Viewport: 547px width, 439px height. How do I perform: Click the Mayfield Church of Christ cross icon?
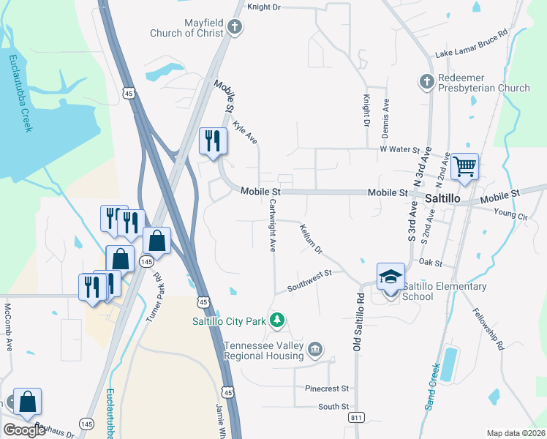coord(235,27)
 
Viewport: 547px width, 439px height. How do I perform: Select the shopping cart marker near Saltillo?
coord(464,168)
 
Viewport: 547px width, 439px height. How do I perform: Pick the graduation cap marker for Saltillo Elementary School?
coord(391,277)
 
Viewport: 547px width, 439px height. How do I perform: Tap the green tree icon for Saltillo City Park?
coord(277,320)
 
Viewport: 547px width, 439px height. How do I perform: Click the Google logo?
coord(24,429)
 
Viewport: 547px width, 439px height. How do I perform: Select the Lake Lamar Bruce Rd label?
coord(472,44)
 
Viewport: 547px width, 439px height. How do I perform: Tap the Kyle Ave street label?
coord(245,132)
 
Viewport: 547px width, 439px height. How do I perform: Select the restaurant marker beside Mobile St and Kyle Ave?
coord(213,141)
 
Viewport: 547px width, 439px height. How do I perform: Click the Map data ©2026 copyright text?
coord(516,433)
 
